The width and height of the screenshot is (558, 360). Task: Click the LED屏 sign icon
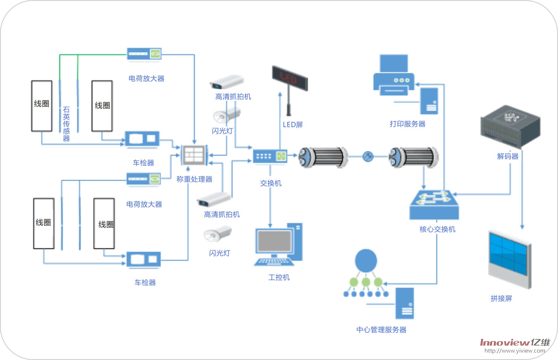tap(290, 79)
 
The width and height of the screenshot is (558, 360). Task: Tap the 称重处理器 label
tap(194, 179)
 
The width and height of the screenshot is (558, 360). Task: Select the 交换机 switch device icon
tap(270, 156)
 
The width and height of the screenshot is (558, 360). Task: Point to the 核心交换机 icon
tap(434, 205)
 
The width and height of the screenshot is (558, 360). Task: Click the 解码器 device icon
tap(510, 126)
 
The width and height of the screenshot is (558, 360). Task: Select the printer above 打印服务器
tap(394, 76)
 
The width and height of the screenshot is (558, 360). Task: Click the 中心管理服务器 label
tap(381, 330)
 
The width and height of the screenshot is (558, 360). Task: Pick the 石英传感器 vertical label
tap(66, 124)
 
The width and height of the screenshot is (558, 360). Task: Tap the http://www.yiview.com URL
tap(515, 351)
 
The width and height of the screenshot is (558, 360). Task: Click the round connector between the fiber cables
tap(368, 156)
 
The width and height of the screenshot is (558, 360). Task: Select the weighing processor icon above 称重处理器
tap(194, 155)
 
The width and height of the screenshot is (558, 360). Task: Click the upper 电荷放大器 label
tap(146, 78)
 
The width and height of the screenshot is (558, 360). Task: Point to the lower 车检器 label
tap(145, 282)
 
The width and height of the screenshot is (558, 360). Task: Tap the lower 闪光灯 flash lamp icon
tap(218, 234)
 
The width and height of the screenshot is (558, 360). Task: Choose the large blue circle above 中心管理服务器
tap(366, 260)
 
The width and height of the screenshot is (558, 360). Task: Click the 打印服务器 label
tap(407, 124)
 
